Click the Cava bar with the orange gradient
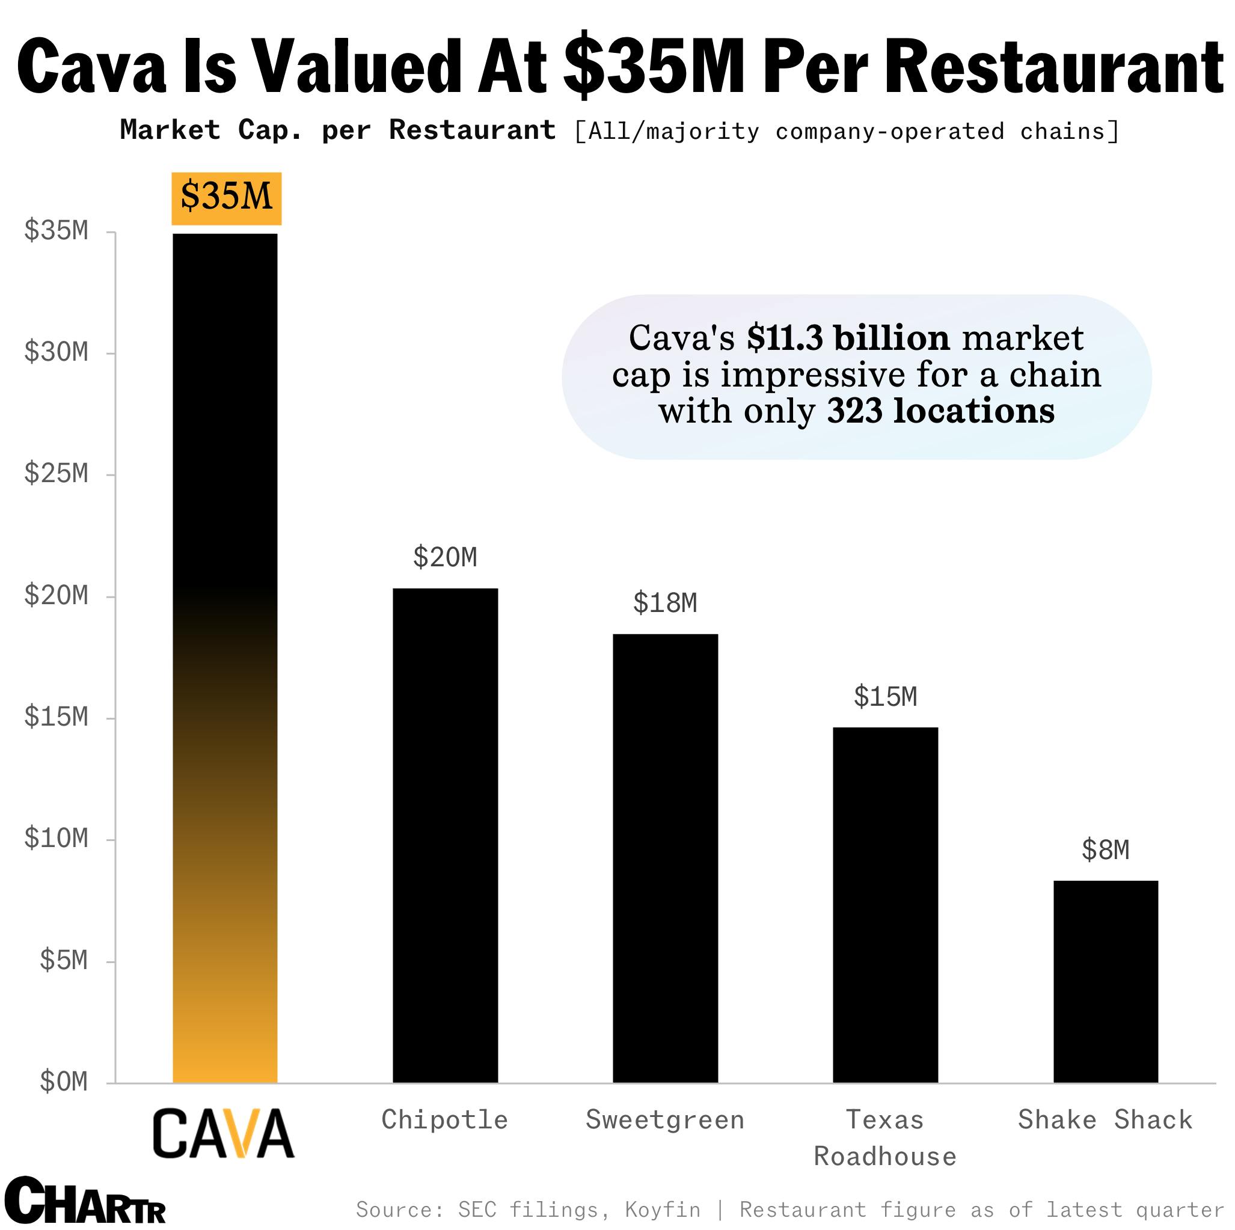tap(225, 658)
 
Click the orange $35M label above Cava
tap(226, 198)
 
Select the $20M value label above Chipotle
tap(445, 557)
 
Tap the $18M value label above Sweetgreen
tap(665, 604)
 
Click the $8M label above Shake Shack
tap(1105, 850)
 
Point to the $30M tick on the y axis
tap(57, 352)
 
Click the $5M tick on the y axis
tap(63, 960)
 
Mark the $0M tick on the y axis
tap(63, 1082)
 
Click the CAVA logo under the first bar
tap(223, 1133)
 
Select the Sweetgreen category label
tap(665, 1120)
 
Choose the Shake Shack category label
tap(1105, 1120)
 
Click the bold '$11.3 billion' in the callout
tap(848, 338)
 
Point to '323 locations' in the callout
tap(940, 411)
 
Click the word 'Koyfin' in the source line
tap(662, 1210)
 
